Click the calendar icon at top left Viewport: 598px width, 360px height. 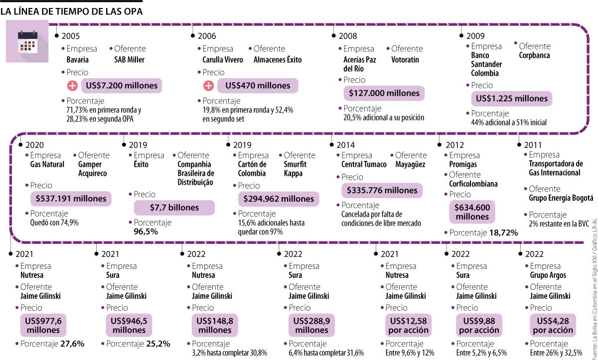[28, 42]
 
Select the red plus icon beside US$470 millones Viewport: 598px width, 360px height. [209, 86]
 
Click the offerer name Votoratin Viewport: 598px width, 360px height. [405, 60]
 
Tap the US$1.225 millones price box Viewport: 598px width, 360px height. [512, 99]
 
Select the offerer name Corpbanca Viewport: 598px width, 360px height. [534, 55]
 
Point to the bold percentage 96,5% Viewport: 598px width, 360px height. [142, 232]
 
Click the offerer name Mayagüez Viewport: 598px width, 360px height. [410, 164]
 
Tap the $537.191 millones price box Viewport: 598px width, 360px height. [71, 199]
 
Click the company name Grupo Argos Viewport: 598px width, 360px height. [548, 275]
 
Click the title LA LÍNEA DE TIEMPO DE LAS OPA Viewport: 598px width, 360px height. [72, 11]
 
